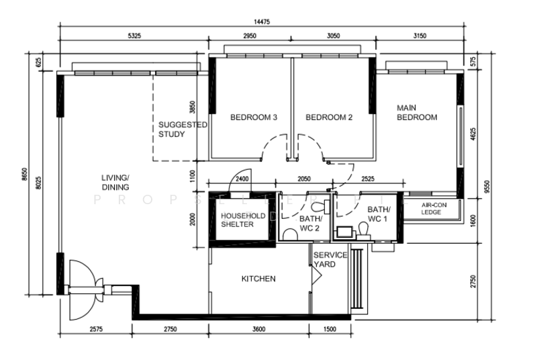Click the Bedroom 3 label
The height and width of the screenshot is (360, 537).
point(254,118)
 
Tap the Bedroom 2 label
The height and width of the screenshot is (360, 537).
point(329,118)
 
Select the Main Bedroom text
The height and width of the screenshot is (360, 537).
point(417,112)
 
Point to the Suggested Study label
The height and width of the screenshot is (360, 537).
point(182,129)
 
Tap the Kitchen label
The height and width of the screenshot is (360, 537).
point(258,279)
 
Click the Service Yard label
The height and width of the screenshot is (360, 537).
point(330,259)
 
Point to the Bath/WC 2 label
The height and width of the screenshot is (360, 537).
point(311,224)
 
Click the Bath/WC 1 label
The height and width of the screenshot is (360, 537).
point(379,214)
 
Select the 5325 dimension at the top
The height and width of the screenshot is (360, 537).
point(133,35)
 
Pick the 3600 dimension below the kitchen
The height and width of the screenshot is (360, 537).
point(258,330)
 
